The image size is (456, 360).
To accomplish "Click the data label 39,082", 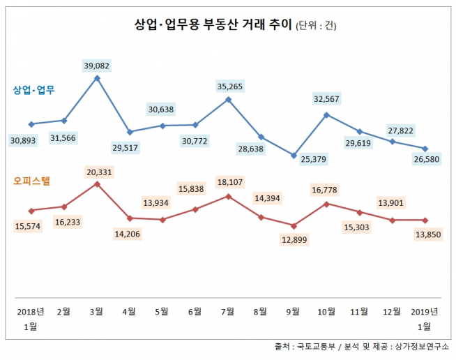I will [97, 66].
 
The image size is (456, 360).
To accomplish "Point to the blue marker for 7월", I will [228, 99].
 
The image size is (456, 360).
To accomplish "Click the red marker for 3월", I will [97, 184].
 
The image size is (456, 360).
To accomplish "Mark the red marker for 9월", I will [294, 225].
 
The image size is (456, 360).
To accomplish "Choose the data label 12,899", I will [293, 239].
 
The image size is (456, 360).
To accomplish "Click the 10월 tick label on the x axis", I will [326, 310].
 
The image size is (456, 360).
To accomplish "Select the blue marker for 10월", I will [326, 114].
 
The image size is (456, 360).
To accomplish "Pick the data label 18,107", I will [228, 183].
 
